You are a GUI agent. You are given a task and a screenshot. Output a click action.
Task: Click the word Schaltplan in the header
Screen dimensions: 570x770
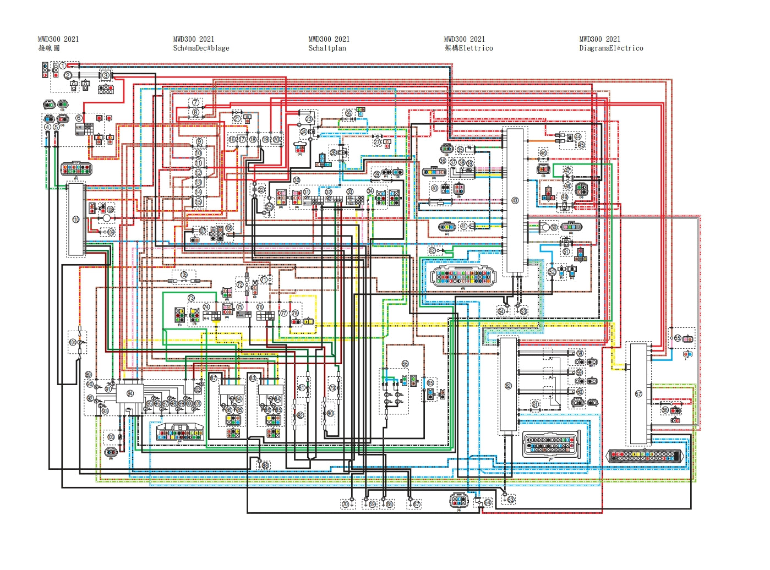pos(327,48)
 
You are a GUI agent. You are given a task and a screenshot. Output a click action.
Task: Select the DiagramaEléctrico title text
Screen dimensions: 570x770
pos(611,48)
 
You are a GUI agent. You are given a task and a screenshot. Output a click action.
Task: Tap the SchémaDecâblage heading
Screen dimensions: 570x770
pos(201,48)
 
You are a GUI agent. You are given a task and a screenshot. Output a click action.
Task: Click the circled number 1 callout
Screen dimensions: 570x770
pos(63,66)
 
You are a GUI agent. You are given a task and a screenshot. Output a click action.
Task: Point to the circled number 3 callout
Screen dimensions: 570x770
pos(105,75)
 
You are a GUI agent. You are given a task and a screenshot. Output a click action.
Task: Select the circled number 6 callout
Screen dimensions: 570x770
pos(79,118)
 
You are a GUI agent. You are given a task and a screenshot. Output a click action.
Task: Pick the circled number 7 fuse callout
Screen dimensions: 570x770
pos(195,103)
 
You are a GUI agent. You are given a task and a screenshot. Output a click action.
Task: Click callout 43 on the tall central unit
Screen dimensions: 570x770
pos(515,200)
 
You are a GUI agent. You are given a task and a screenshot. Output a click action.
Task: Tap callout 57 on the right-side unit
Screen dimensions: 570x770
pos(638,394)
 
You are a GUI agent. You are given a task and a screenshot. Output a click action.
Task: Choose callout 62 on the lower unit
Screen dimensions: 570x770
pos(508,386)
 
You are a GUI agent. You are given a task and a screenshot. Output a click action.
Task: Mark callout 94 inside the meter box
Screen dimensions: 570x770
pos(130,393)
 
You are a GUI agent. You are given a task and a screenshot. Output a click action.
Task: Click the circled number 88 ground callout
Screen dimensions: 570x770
pos(265,465)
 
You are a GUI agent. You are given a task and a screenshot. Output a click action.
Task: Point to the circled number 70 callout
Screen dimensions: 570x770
pos(345,504)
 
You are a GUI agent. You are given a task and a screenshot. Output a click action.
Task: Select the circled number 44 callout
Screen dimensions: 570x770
pos(577,136)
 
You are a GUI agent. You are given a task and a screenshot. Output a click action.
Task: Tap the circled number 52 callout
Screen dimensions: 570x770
pos(552,272)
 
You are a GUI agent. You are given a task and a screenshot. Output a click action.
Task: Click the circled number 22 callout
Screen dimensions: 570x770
pos(261,190)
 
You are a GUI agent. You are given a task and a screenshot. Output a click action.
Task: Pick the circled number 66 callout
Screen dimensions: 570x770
pos(405,364)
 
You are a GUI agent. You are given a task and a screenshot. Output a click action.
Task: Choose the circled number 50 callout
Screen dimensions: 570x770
pos(554,227)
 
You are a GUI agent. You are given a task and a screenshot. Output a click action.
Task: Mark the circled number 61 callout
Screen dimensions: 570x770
pos(535,404)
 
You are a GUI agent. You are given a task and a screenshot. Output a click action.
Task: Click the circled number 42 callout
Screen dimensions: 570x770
pos(432,250)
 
